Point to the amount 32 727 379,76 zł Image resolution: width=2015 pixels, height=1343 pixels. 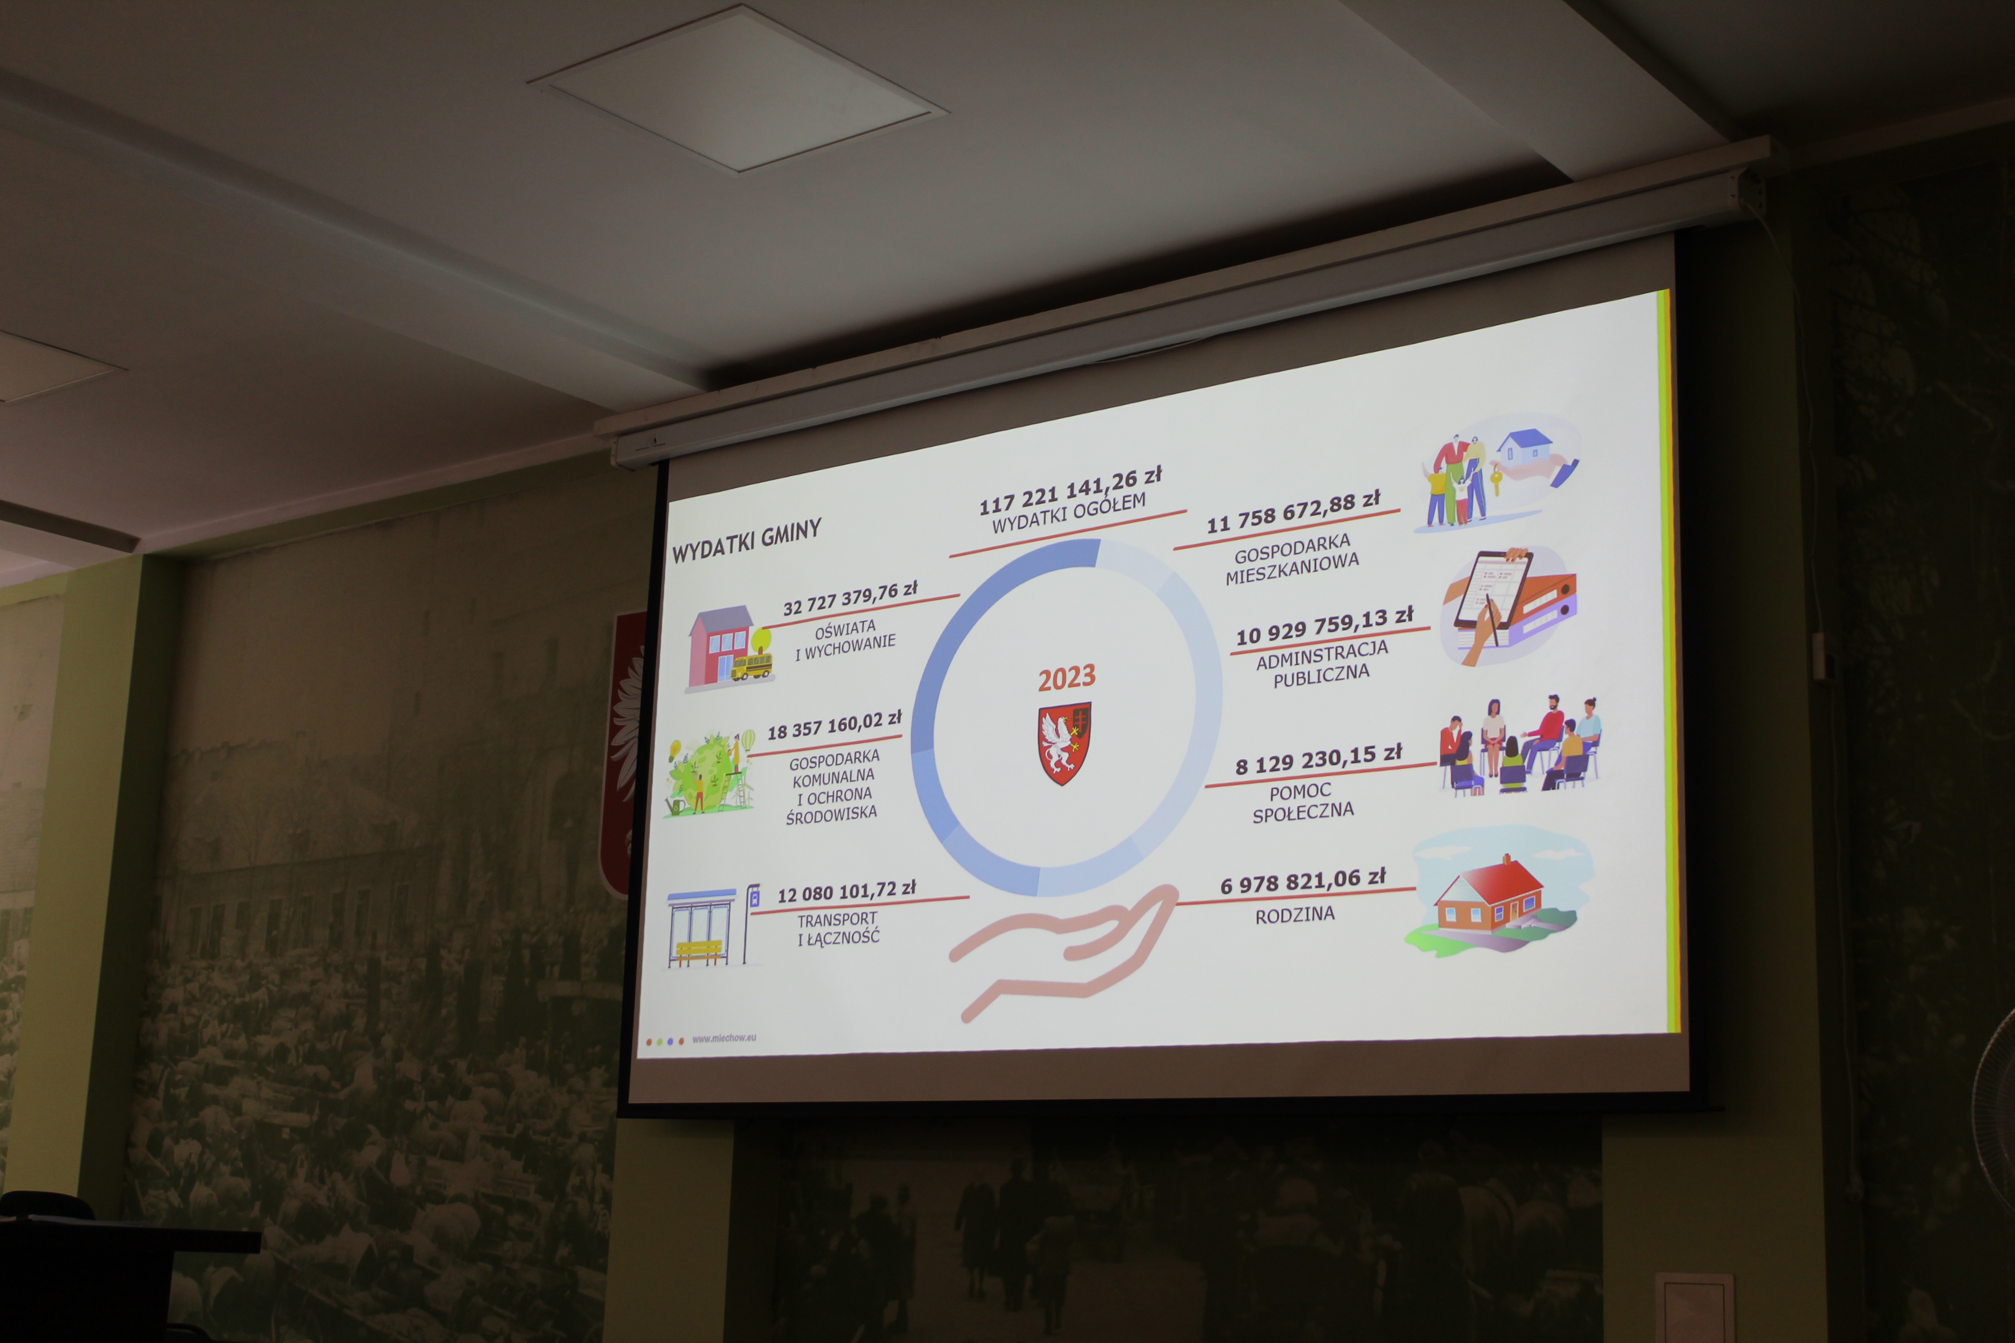click(850, 598)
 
